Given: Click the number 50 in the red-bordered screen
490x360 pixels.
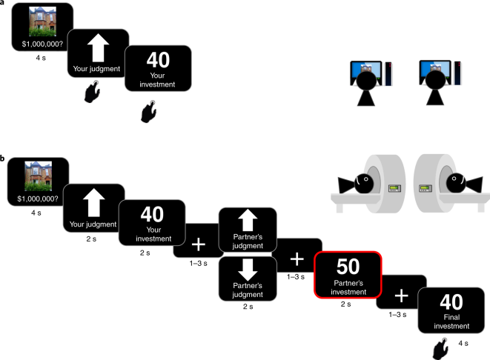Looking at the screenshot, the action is pos(348,267).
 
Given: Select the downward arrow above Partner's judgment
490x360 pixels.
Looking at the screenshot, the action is pos(248,270).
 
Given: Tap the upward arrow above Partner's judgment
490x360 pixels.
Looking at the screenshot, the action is pos(248,220).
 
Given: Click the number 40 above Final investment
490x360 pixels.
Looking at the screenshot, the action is pos(451,302).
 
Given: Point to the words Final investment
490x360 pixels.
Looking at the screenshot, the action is pos(451,321).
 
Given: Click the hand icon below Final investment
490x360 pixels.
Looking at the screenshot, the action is pos(440,349).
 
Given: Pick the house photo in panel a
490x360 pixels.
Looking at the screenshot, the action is pos(42,21).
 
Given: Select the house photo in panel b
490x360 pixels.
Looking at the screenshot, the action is pos(38,176).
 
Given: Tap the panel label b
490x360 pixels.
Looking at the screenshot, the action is pos(2,159).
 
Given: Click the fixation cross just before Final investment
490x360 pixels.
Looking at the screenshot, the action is pos(402,296).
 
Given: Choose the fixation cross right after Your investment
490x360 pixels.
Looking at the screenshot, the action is pos(199,244).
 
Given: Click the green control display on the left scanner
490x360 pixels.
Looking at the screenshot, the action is pos(395,188).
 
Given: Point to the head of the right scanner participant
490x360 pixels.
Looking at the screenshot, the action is pos(456,183).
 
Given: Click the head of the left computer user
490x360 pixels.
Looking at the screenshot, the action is pos(366,80).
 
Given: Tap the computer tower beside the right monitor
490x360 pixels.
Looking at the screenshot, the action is pos(457,73).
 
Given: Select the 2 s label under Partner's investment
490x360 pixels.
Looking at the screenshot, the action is pos(345,304).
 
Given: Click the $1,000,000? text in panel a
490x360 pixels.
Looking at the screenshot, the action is pos(42,44).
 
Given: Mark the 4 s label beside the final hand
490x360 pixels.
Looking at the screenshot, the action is pos(463,343).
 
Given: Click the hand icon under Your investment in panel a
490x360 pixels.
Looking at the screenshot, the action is pos(149,111).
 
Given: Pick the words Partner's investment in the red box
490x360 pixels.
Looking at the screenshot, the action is pos(348,287).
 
